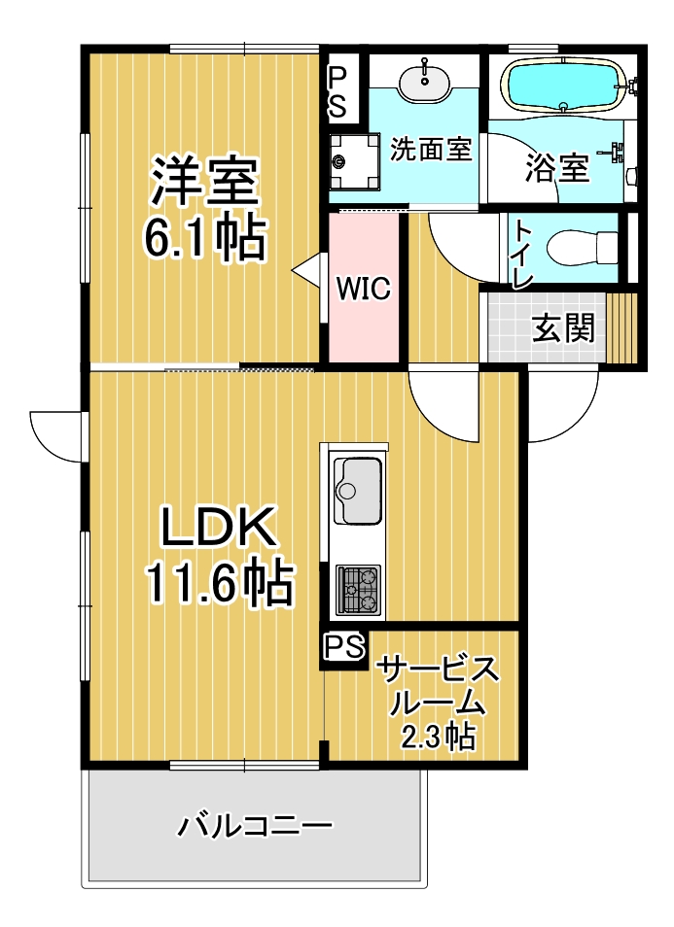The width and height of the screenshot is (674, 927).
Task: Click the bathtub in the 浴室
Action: [563, 86]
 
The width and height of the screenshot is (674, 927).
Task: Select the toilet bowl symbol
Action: [583, 248]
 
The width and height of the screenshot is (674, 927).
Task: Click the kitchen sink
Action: [357, 490]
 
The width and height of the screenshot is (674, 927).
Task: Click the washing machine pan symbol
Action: [354, 159]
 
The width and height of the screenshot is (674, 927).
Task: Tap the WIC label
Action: [364, 288]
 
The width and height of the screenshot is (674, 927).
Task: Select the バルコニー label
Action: [255, 826]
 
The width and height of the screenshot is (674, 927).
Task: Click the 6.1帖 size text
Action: [205, 239]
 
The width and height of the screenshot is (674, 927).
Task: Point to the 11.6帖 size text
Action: [220, 582]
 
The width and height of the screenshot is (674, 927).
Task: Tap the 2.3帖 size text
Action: [439, 736]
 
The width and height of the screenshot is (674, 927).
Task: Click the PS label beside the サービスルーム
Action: [343, 647]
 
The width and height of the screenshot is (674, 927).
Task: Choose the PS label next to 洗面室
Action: [337, 91]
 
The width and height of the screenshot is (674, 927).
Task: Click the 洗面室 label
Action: [431, 149]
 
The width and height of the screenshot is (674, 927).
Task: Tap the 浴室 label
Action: [557, 168]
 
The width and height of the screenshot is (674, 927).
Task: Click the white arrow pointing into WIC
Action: [309, 271]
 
